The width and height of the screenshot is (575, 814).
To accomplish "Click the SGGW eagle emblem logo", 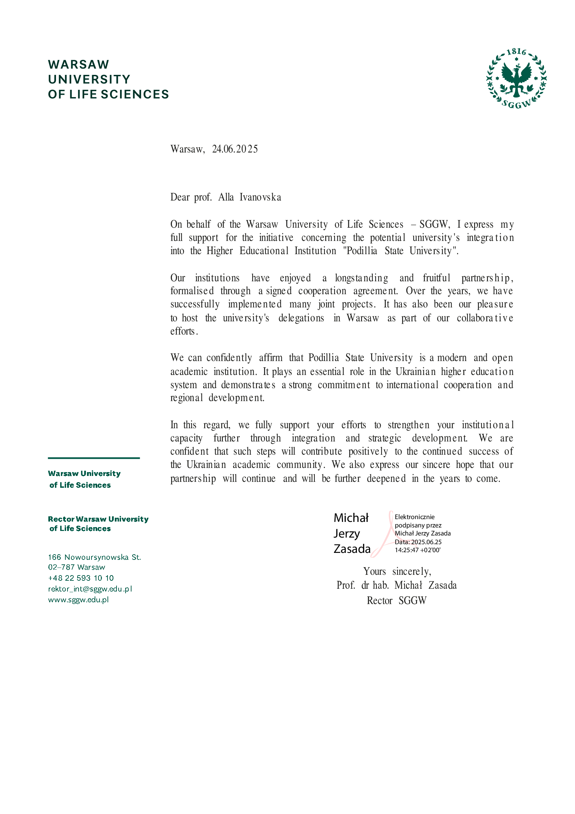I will [x=516, y=79].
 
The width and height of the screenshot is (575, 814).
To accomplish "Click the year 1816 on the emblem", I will [x=516, y=52].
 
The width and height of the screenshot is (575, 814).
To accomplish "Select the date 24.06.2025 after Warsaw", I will [x=235, y=149].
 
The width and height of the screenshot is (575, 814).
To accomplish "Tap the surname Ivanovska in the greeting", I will [x=261, y=197].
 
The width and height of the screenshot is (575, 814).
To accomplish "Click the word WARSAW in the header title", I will [x=79, y=64].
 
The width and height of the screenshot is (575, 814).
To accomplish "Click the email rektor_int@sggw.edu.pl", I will [x=90, y=589].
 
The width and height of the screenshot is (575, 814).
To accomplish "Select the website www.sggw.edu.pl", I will [x=78, y=600].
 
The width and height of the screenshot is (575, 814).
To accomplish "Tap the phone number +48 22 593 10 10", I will [x=81, y=578].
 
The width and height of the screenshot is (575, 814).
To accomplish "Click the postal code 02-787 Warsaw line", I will [x=77, y=567].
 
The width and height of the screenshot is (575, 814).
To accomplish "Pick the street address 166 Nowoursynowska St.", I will [x=94, y=557].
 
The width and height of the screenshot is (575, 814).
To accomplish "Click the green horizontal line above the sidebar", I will [x=94, y=458].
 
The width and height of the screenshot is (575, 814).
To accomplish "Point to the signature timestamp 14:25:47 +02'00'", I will [x=417, y=550].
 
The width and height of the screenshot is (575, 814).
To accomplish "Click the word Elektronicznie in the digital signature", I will [x=415, y=517].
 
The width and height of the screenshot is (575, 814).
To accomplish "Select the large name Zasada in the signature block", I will [x=352, y=549].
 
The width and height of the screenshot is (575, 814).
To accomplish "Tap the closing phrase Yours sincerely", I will [x=397, y=571].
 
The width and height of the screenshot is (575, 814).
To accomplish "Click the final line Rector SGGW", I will [x=397, y=601].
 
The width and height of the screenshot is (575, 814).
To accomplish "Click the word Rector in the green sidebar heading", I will [x=61, y=519].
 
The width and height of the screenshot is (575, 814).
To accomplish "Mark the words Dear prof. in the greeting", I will [x=191, y=197].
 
